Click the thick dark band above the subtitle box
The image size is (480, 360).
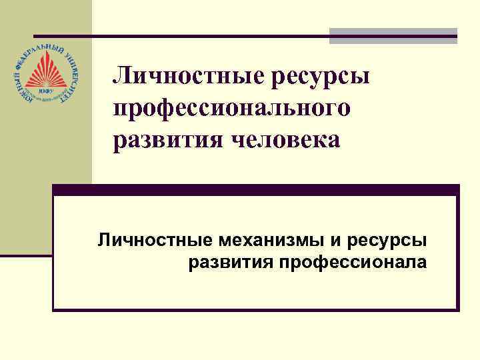point(256,189)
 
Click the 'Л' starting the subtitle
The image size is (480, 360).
point(104,239)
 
